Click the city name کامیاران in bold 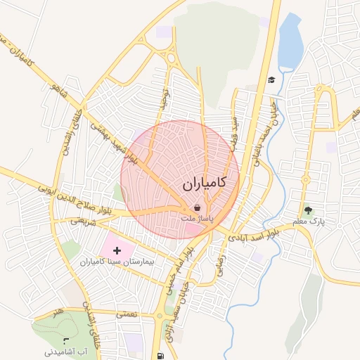204,184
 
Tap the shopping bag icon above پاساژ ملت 198,207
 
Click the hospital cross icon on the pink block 117,250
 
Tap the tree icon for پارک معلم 307,210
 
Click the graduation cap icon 271,79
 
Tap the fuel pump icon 162,355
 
